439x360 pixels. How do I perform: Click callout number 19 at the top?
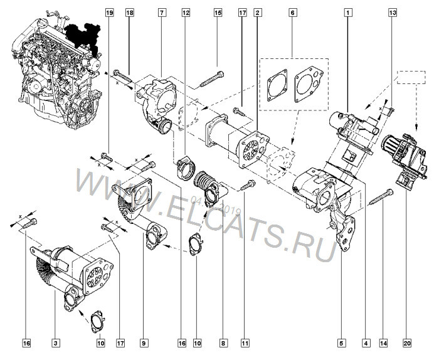[x=110, y=13]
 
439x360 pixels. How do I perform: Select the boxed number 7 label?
[x=162, y=13]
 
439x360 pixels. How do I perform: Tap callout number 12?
[x=186, y=13]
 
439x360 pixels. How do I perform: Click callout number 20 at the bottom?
[x=408, y=343]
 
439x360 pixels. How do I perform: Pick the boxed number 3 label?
[x=56, y=343]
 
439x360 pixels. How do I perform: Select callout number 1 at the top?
[x=347, y=13]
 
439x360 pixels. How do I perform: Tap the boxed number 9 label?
[x=144, y=343]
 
